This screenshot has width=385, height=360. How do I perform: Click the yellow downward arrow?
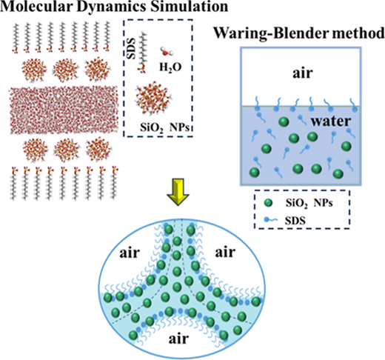178,192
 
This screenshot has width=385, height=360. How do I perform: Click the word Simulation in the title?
190,7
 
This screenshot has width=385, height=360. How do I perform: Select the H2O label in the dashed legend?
170,67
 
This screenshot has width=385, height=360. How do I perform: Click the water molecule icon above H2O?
167,51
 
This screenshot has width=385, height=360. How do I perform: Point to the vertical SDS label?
131,48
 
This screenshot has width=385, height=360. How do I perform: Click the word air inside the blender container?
303,73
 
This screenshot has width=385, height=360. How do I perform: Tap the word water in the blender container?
331,121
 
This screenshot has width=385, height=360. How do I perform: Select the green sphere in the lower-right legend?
268,203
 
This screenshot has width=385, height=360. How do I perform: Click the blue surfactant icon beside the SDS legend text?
270,219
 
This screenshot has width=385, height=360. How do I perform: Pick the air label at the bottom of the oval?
178,339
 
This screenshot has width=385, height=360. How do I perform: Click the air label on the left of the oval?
130,253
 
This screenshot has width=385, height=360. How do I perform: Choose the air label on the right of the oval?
225,253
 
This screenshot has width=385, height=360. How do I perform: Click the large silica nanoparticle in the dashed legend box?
153,98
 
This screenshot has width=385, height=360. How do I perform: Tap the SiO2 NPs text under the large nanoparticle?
166,128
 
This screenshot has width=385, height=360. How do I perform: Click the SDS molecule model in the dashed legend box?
142,53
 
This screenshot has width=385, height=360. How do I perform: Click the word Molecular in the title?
36,7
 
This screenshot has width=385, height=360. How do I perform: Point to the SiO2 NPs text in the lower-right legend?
309,204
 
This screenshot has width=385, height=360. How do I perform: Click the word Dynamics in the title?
112,7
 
